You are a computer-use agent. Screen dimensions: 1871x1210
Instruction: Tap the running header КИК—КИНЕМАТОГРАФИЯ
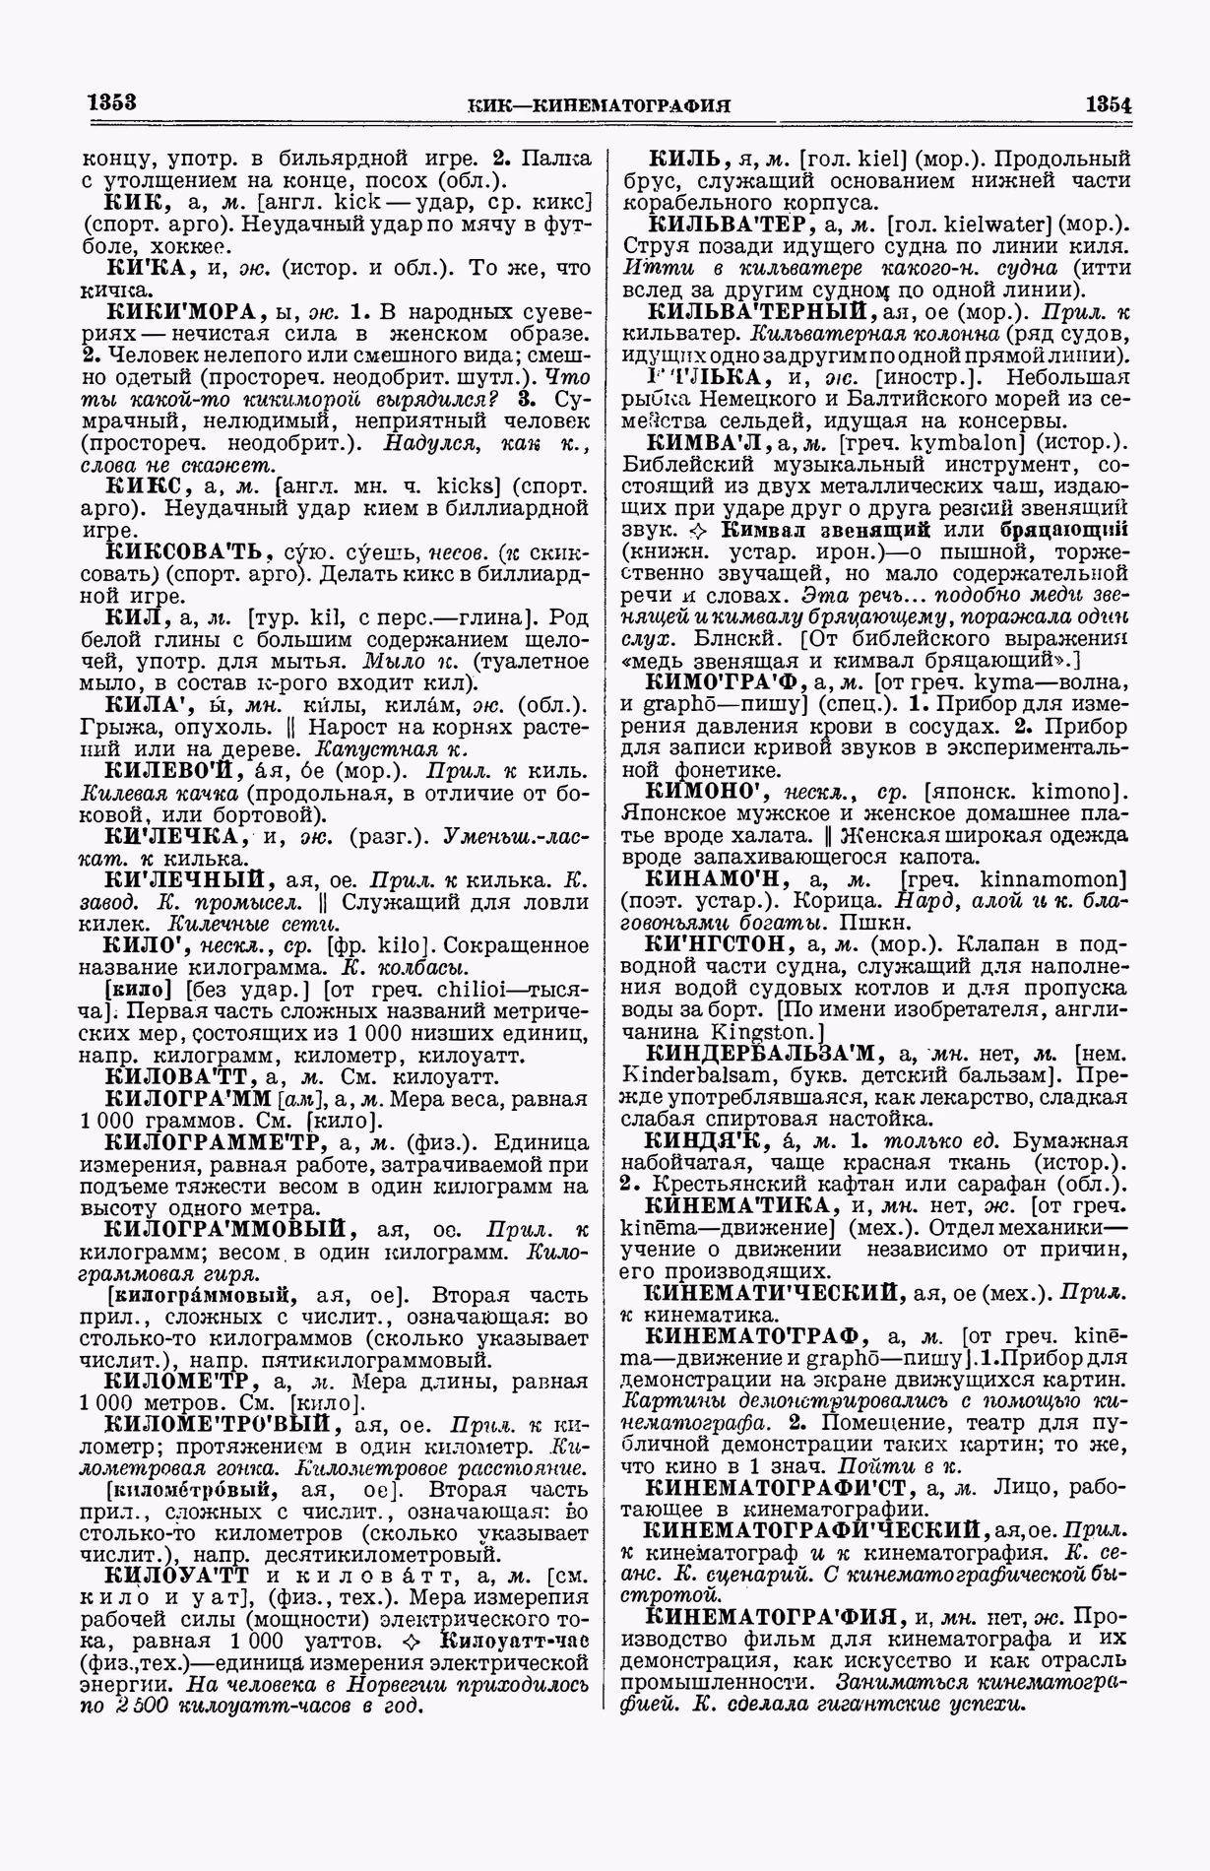[x=604, y=105]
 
